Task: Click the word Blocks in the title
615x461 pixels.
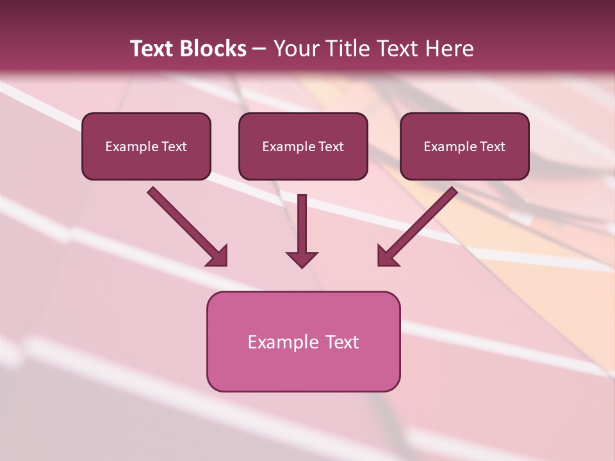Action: pos(215,49)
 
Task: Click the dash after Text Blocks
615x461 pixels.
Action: pos(259,49)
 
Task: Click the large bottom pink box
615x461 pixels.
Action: pos(303,368)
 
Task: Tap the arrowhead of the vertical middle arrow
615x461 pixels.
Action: pos(302,259)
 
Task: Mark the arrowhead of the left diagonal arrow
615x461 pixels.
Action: pos(218,256)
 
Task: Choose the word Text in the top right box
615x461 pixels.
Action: pos(493,147)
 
